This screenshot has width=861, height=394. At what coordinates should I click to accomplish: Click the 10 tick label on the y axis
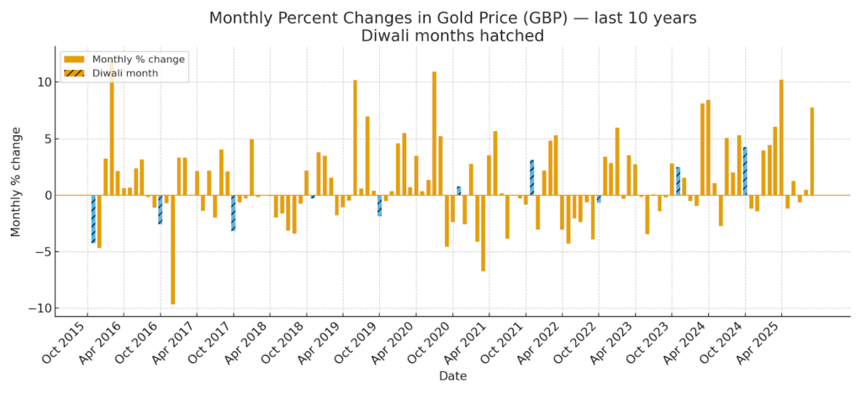click(42, 82)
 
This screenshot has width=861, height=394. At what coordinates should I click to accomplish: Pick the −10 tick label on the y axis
click(39, 308)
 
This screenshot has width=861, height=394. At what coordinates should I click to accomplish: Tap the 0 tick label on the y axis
click(46, 196)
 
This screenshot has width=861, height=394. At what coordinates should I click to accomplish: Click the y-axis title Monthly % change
click(16, 182)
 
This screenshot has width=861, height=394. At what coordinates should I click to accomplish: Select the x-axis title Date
click(452, 376)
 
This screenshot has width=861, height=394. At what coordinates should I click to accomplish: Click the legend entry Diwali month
click(124, 74)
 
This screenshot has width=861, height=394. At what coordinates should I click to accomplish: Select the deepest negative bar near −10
click(172, 250)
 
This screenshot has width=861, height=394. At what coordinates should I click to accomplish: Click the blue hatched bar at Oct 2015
click(93, 218)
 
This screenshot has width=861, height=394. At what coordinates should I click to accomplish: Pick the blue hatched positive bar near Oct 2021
click(531, 177)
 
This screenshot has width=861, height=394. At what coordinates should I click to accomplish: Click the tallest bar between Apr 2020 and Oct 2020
click(434, 134)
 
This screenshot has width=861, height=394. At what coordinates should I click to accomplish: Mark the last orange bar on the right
click(811, 151)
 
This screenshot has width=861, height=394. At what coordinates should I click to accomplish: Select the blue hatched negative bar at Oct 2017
click(233, 213)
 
